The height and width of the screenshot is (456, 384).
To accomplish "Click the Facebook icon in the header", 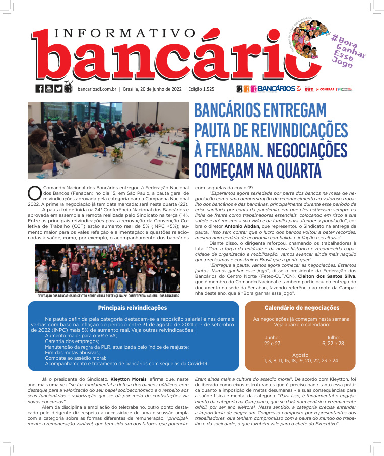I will [39, 89].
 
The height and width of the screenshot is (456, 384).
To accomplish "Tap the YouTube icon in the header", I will [49, 89].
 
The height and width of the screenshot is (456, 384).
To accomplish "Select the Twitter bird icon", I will [58, 89].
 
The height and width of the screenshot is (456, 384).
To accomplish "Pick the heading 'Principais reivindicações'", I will [132, 308].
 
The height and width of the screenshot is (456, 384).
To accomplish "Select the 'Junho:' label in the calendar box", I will [272, 337].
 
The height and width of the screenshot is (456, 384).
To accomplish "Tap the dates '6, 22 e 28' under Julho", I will [333, 343].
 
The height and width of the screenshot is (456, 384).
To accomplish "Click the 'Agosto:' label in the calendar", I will [301, 355].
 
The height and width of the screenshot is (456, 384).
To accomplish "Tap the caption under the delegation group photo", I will [107, 296].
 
